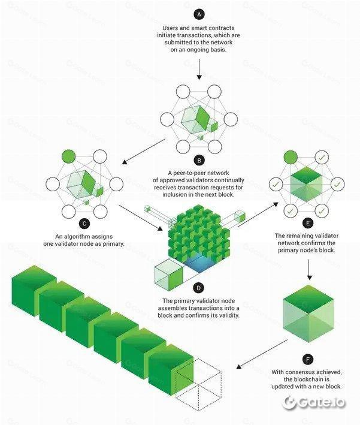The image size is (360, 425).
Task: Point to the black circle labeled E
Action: tap(308, 222)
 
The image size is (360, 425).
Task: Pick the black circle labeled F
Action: tap(308, 360)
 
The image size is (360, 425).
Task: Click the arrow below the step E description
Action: tap(308, 270)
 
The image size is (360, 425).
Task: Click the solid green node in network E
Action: tap(291, 157)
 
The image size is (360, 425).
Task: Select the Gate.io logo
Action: tap(316, 402)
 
